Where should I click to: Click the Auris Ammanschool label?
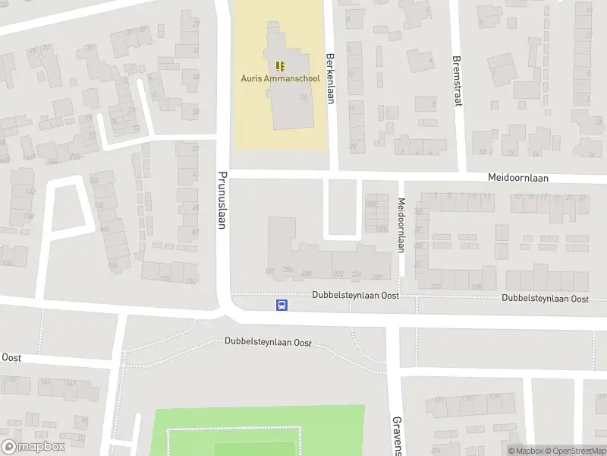[279, 78]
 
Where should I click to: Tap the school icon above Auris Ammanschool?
[279, 65]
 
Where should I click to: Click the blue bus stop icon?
[281, 305]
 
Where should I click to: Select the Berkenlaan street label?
[330, 76]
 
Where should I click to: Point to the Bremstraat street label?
[457, 81]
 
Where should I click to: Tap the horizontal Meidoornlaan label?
[517, 178]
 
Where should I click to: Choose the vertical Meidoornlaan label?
[401, 224]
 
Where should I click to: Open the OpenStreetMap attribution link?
[573, 451]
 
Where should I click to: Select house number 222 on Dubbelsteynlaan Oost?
[338, 274]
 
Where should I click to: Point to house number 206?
[288, 270]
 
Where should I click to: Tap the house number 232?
[436, 286]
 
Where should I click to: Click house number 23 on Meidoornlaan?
[582, 197]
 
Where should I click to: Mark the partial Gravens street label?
[396, 435]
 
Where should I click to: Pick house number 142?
[31, 192]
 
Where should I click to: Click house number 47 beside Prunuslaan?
[195, 232]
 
